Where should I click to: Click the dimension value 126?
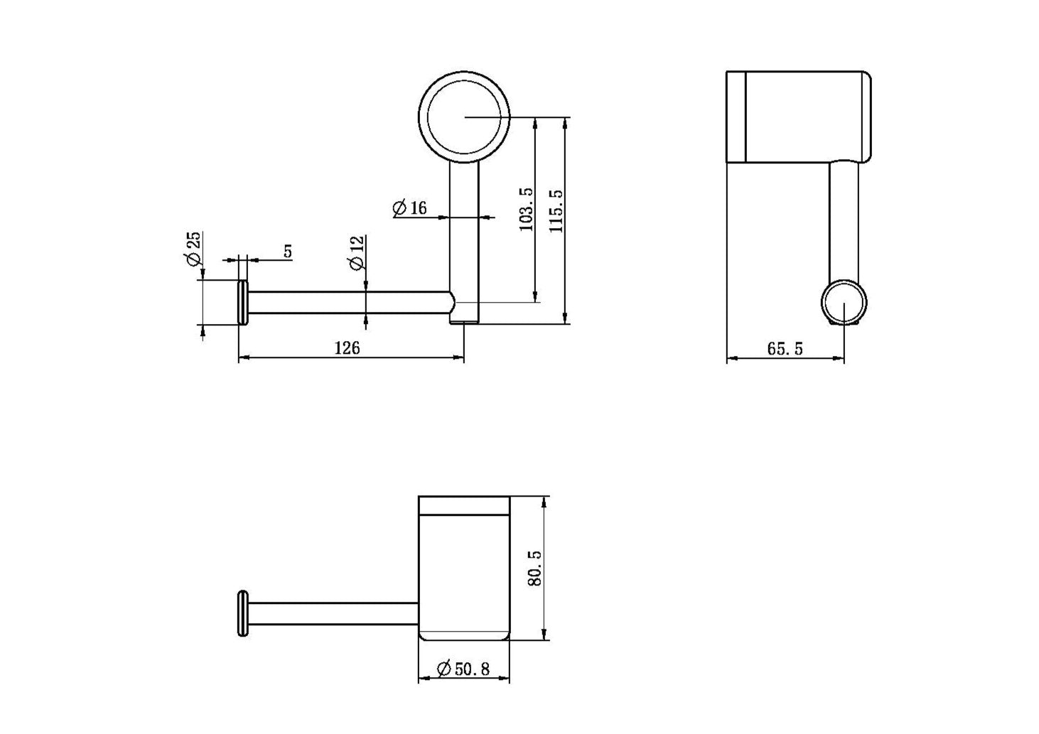(347, 347)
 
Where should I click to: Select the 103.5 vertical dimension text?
(526, 210)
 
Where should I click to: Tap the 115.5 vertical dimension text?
(556, 211)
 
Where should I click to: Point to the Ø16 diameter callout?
(409, 207)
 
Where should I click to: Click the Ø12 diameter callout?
(357, 253)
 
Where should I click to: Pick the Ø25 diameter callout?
(193, 249)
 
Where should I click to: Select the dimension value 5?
(288, 252)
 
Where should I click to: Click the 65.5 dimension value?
(785, 349)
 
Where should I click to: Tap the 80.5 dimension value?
(535, 568)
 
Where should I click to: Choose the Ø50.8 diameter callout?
(463, 669)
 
